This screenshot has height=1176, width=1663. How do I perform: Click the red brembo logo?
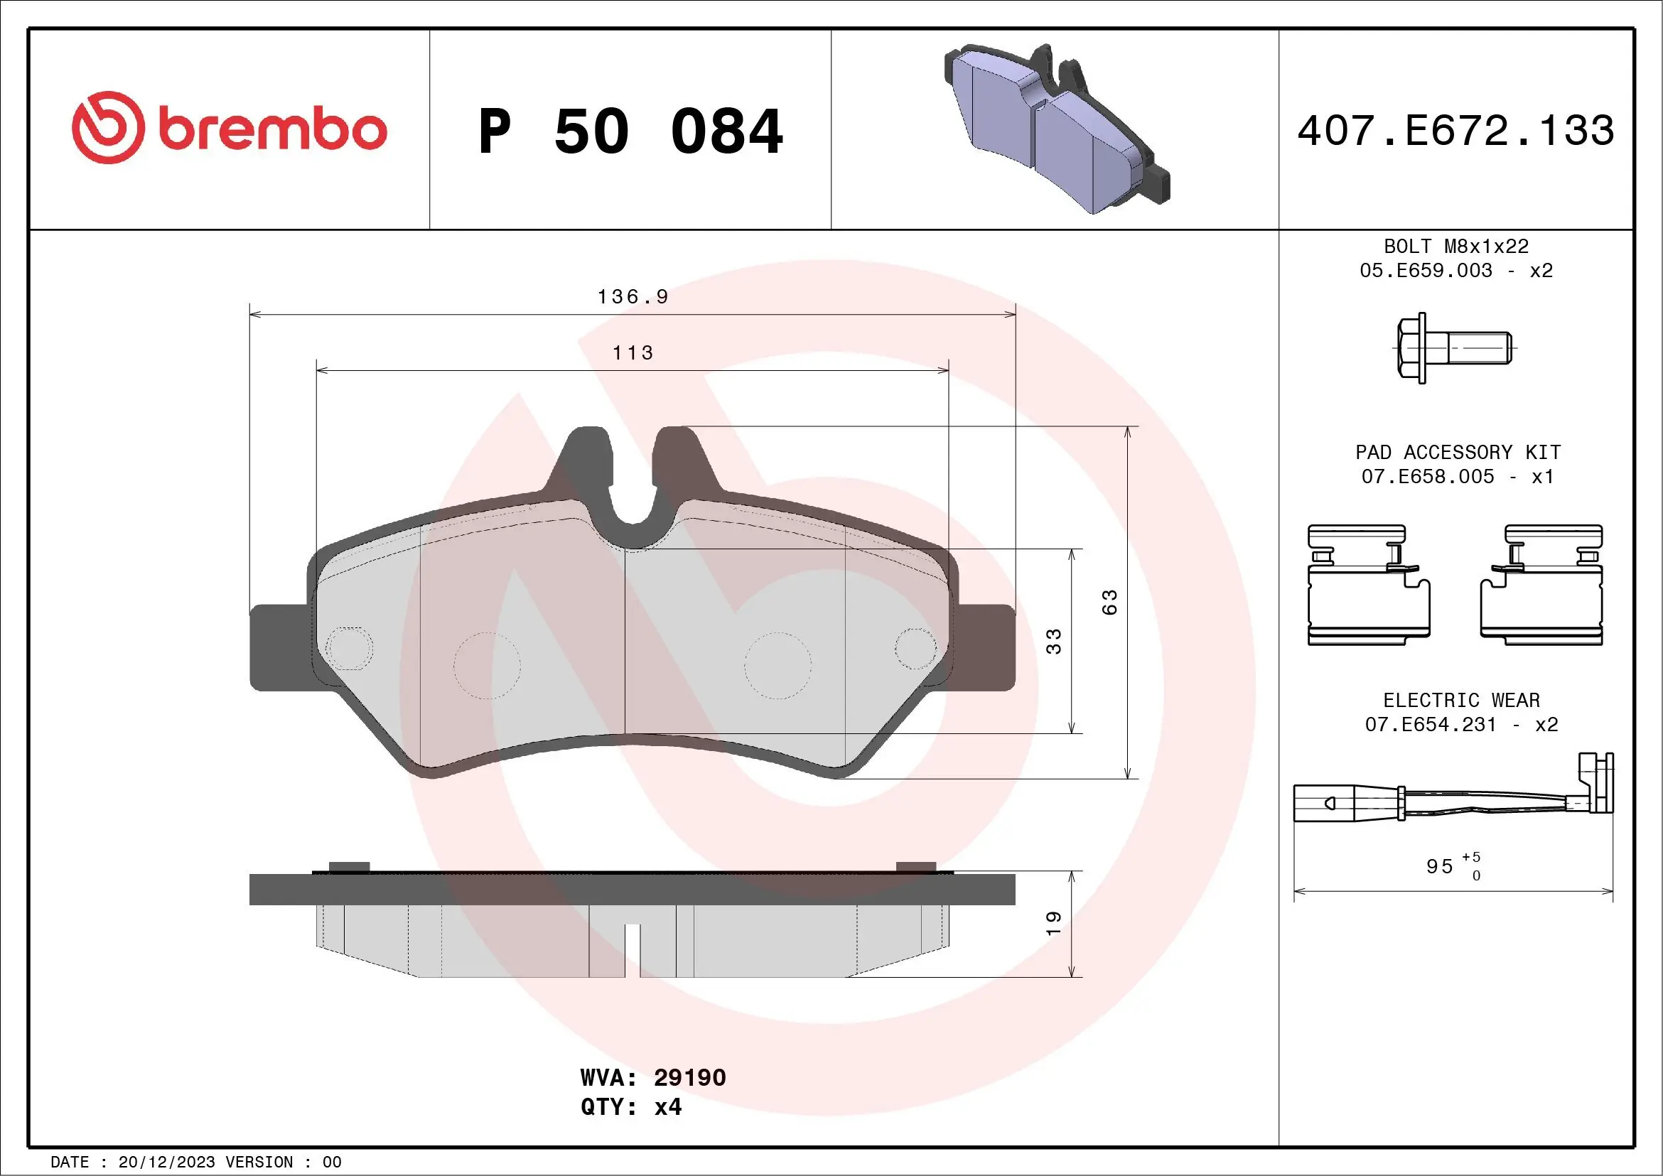pyautogui.click(x=229, y=128)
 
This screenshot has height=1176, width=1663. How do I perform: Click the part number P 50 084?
pyautogui.click(x=630, y=131)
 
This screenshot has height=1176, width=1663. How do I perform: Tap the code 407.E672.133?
pyautogui.click(x=1456, y=131)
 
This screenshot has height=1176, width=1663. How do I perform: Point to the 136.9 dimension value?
pyautogui.click(x=633, y=297)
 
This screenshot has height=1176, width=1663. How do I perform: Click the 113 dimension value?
pyautogui.click(x=633, y=353)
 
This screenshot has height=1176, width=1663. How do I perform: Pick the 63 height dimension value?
pyautogui.click(x=1109, y=603)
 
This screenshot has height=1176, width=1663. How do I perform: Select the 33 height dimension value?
pyautogui.click(x=1053, y=642)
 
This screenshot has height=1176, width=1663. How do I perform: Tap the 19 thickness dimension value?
pyautogui.click(x=1053, y=923)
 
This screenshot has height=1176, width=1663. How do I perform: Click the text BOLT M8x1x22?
pyautogui.click(x=1456, y=246)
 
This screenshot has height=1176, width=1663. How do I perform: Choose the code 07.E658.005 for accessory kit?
pyautogui.click(x=1428, y=477)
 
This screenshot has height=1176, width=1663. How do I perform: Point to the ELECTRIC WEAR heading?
pyautogui.click(x=1461, y=700)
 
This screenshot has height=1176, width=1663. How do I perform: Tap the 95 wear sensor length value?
pyautogui.click(x=1439, y=866)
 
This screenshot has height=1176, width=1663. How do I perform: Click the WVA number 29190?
pyautogui.click(x=689, y=1077)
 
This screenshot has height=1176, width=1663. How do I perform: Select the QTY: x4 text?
pyautogui.click(x=631, y=1107)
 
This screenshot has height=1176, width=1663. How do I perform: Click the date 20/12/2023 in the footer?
pyautogui.click(x=166, y=1162)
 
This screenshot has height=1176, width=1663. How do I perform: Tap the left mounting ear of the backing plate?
pyautogui.click(x=279, y=647)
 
